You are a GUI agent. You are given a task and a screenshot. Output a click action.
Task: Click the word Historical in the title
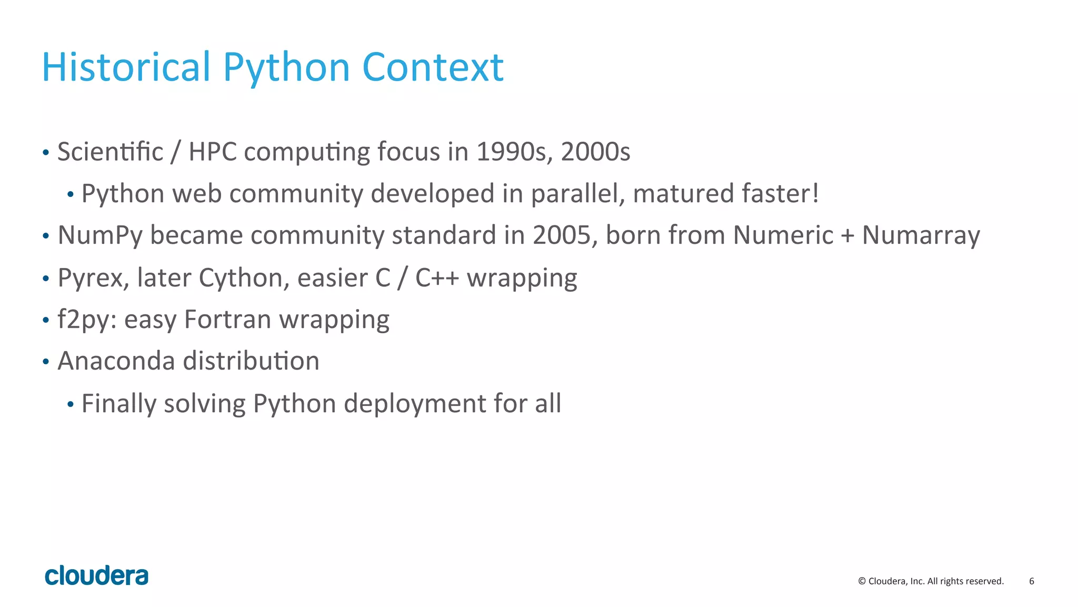pyautogui.click(x=126, y=67)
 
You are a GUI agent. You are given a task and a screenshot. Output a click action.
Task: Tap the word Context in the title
pyautogui.click(x=433, y=67)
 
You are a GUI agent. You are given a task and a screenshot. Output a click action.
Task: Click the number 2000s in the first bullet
pyautogui.click(x=595, y=152)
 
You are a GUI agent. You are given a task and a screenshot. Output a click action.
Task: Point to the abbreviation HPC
pyautogui.click(x=213, y=152)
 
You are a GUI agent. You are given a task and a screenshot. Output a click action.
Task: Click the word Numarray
pyautogui.click(x=921, y=235)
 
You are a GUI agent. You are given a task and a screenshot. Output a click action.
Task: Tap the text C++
pyautogui.click(x=437, y=278)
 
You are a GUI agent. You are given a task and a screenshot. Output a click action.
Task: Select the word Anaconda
pyautogui.click(x=116, y=362)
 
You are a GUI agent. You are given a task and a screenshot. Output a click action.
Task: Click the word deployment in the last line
pyautogui.click(x=415, y=404)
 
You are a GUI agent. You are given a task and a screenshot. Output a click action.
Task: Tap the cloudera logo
pyautogui.click(x=96, y=576)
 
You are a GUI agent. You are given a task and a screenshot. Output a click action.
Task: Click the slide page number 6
pyautogui.click(x=1031, y=581)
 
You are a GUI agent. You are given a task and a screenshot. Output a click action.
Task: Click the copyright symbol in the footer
pyautogui.click(x=862, y=581)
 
